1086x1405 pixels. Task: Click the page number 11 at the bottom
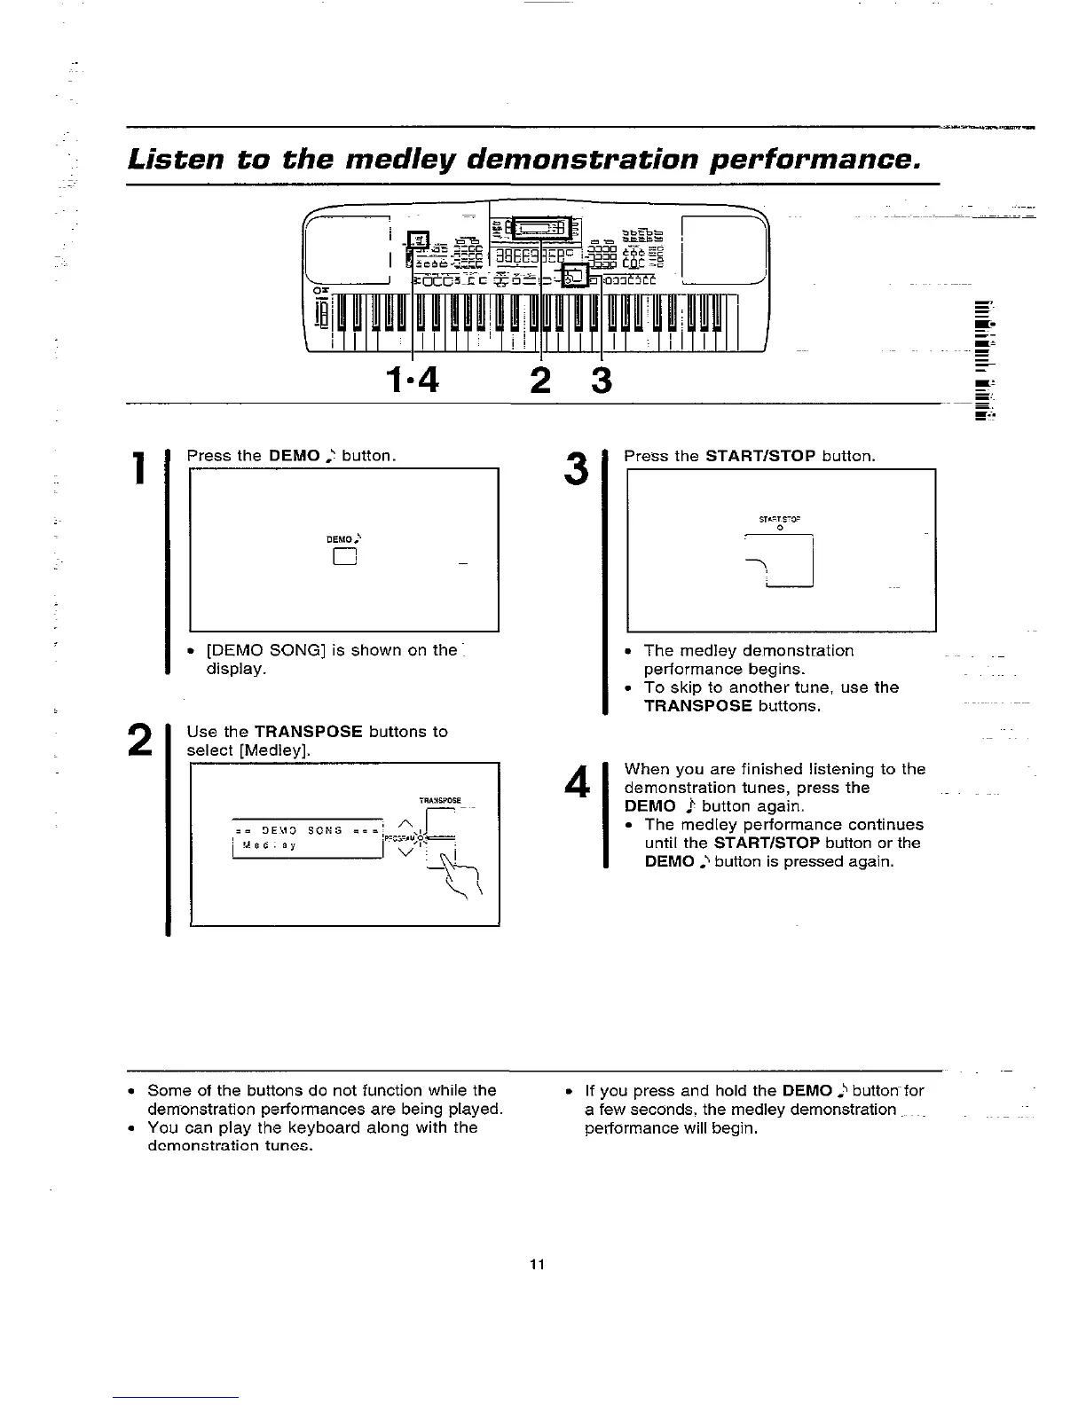tap(537, 1264)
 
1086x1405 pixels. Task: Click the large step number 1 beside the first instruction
tap(138, 469)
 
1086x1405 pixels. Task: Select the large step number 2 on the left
tap(138, 741)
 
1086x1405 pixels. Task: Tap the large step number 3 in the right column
tap(577, 469)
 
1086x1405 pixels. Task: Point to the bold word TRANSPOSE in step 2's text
tap(308, 732)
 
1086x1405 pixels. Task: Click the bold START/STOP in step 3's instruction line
tap(760, 456)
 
